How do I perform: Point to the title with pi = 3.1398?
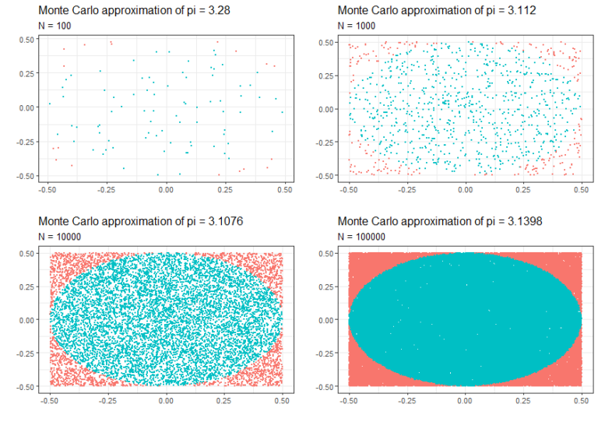tap(434, 221)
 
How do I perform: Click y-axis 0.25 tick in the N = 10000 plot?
tap(26, 286)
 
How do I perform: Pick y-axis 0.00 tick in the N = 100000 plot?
tap(327, 319)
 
